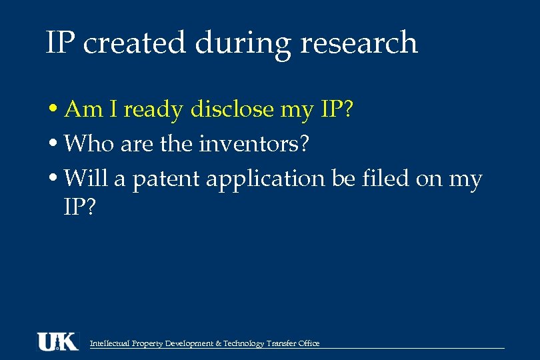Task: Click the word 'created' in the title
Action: pyautogui.click(x=135, y=44)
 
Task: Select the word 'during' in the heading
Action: pyautogui.click(x=243, y=44)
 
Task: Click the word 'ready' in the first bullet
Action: pyautogui.click(x=153, y=110)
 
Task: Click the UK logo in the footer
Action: pyautogui.click(x=57, y=341)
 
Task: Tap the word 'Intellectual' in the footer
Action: pyautogui.click(x=109, y=344)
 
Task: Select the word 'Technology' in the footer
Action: pyautogui.click(x=244, y=344)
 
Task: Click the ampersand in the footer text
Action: pyautogui.click(x=219, y=344)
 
